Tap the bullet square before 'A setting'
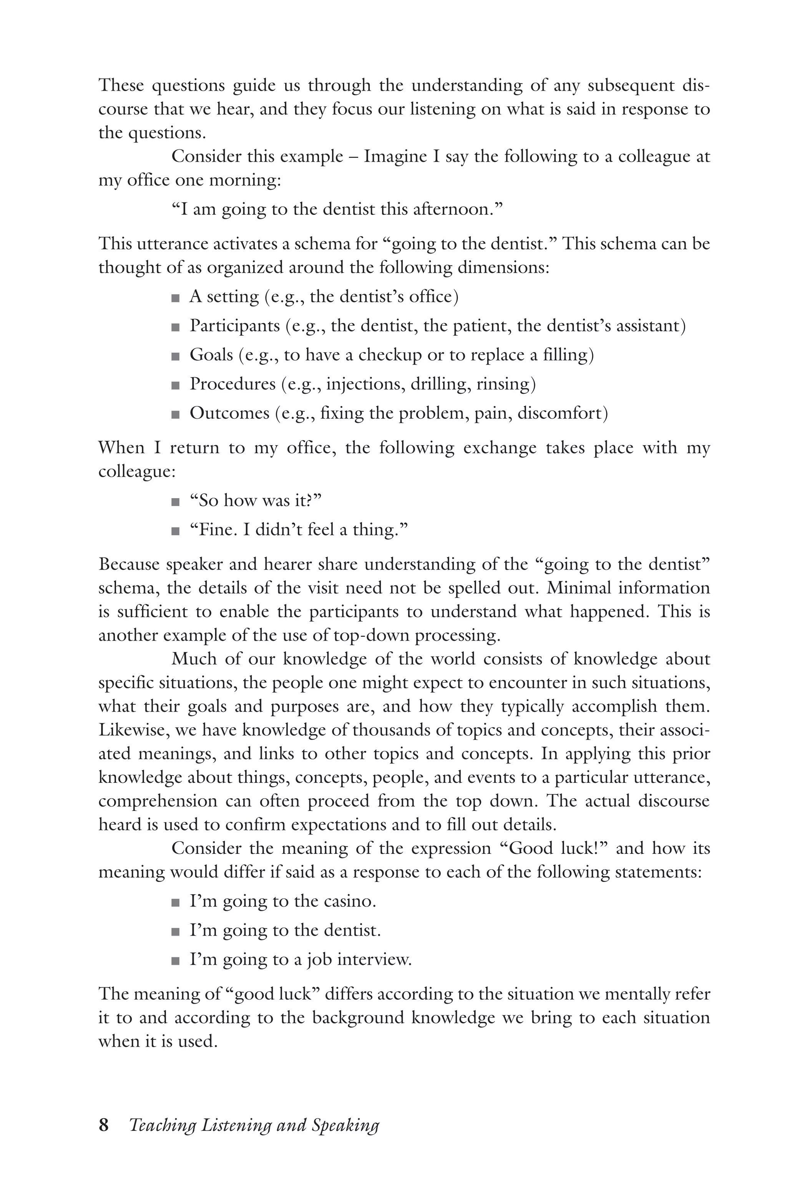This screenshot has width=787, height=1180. [175, 298]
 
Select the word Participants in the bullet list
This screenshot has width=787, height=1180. [234, 326]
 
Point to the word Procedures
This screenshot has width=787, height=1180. [232, 384]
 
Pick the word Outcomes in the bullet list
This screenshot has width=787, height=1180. [229, 413]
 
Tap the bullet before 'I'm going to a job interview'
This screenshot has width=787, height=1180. [175, 962]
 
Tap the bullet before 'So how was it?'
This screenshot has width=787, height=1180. [175, 502]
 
